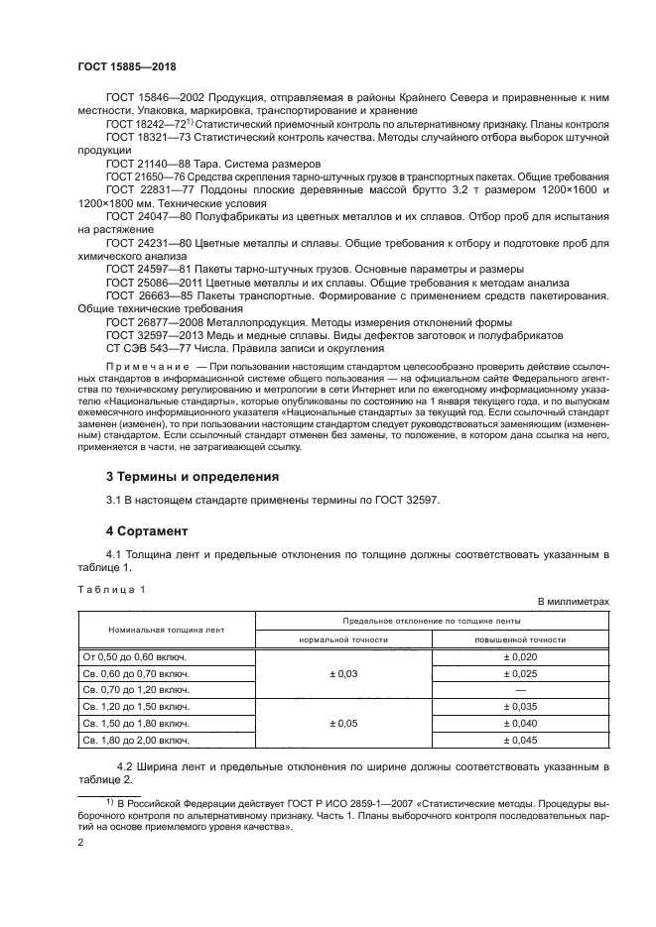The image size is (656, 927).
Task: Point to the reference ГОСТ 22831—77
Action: click(x=148, y=188)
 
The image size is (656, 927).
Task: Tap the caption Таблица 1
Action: click(x=111, y=589)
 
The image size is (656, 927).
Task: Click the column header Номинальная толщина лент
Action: click(x=167, y=630)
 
